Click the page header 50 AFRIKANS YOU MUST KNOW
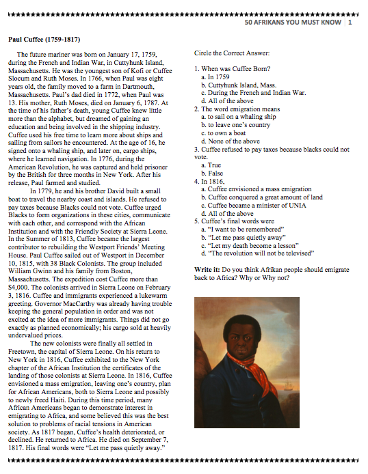[293, 23]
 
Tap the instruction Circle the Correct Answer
[232, 53]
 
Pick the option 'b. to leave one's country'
[236, 125]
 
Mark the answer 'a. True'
[212, 165]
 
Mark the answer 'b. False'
[213, 173]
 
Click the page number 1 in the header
[350, 23]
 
